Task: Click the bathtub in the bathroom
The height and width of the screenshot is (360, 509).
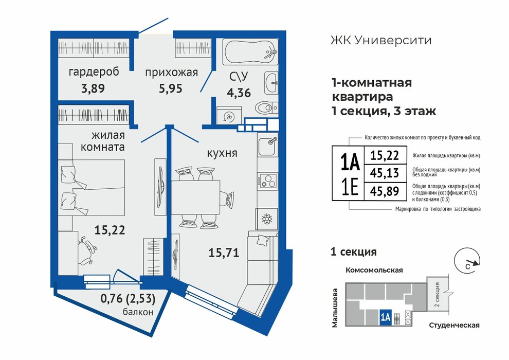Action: coord(250,51)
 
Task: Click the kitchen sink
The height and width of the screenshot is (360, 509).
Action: coord(267,146)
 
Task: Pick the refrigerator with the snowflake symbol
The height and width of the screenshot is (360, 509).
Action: coord(266,219)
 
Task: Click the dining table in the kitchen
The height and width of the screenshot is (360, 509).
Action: coord(195,197)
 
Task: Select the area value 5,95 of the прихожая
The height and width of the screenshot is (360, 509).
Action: coord(171,88)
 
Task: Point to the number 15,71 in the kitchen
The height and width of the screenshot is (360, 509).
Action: coord(224,252)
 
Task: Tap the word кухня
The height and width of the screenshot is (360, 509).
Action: coord(222,153)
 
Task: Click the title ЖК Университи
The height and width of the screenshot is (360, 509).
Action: coord(381,41)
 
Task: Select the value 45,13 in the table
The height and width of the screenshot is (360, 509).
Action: coord(385,173)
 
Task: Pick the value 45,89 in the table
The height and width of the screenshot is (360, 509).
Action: coord(385,191)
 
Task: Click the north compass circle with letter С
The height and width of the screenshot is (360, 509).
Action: coord(466,260)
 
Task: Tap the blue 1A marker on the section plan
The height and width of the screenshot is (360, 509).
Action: coord(385,317)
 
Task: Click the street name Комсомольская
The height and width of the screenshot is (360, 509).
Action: coord(374,270)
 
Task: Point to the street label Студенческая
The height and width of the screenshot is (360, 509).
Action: coord(454,325)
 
